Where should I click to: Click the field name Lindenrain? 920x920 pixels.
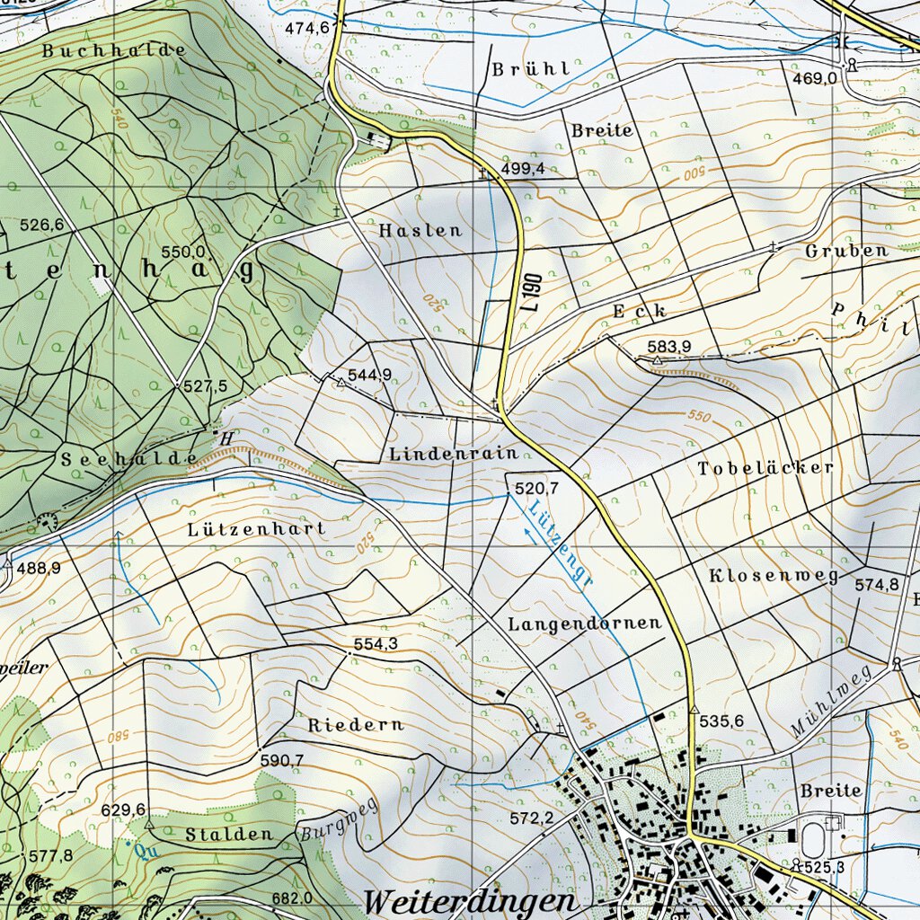[454, 455]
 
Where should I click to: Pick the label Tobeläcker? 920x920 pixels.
[765, 468]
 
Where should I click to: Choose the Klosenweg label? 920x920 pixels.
[773, 575]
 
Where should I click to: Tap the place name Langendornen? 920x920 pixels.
[584, 623]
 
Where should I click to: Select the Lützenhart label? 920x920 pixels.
[257, 529]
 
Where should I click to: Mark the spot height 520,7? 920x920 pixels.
[536, 488]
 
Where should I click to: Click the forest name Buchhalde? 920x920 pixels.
[114, 51]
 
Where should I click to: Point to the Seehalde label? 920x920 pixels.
[129, 458]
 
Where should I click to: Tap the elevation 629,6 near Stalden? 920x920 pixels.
[123, 809]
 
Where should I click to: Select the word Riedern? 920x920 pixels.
[356, 724]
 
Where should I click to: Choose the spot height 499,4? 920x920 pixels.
[523, 169]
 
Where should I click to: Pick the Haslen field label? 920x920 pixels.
[420, 231]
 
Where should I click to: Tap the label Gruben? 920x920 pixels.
[846, 251]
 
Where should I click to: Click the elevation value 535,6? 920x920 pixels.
[721, 721]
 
